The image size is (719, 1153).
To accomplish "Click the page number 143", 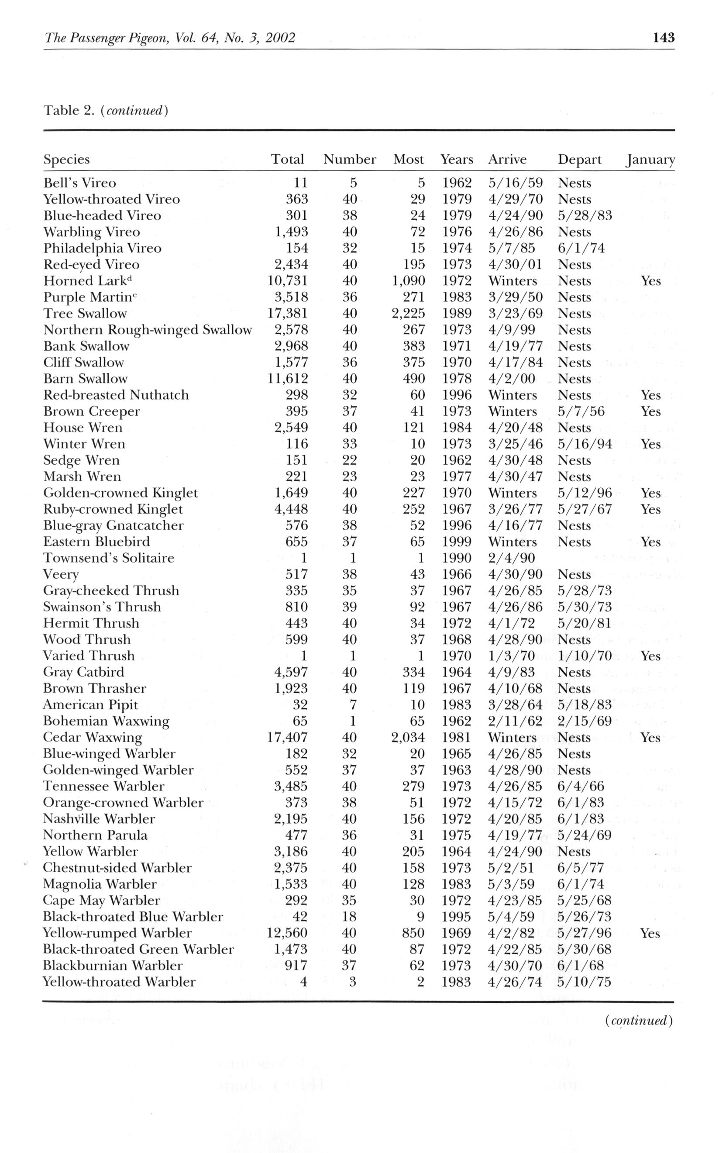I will (x=664, y=38).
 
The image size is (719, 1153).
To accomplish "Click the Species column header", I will (x=66, y=159).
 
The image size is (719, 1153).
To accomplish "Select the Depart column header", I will (x=579, y=159).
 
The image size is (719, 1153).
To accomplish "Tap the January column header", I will (x=650, y=160).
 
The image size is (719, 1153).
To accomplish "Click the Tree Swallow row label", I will (x=85, y=314).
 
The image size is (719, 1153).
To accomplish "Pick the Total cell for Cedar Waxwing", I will (x=287, y=737).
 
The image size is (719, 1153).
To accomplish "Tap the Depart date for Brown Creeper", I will (x=581, y=411).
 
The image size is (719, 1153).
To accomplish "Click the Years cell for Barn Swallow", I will (x=457, y=379).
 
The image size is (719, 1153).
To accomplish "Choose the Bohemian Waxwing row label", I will (x=106, y=721).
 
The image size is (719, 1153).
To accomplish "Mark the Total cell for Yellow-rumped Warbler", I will (x=287, y=933).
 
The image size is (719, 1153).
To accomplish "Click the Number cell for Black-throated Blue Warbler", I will (x=350, y=917).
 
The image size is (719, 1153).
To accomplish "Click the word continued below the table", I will (x=639, y=1020).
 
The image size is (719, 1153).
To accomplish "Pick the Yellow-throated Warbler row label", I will (x=119, y=982).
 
